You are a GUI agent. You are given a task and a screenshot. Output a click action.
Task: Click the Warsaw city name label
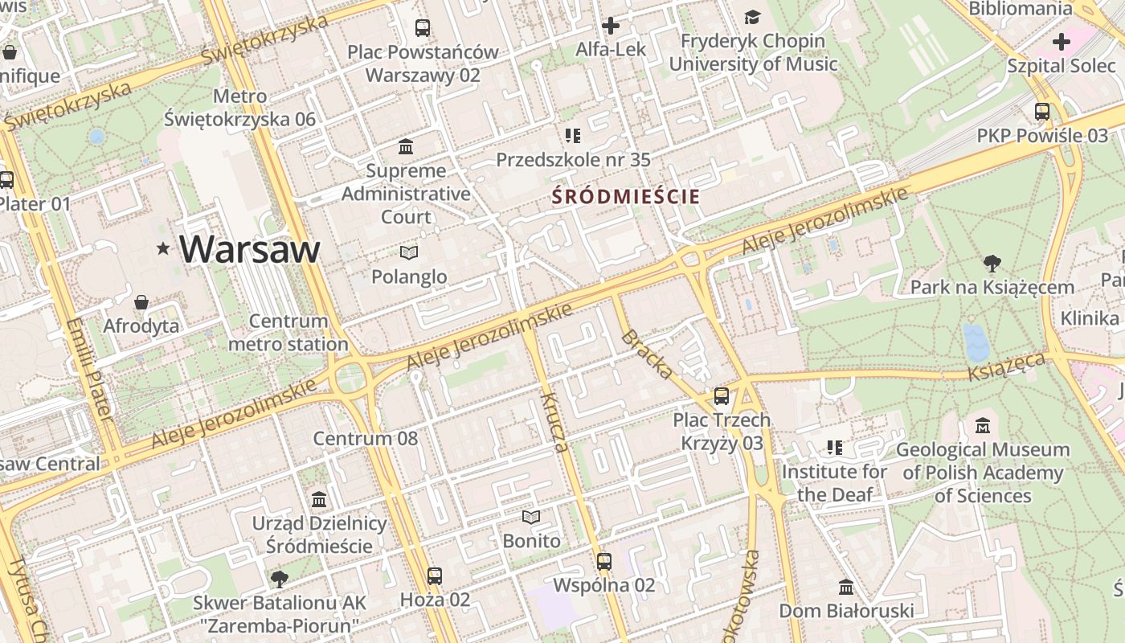249,249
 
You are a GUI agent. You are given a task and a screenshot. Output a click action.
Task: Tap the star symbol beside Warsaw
164,249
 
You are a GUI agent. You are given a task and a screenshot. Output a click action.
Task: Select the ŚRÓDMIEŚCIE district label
626,196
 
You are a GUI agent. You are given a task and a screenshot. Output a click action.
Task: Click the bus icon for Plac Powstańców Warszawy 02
423,28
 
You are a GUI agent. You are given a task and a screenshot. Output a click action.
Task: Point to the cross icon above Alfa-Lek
611,26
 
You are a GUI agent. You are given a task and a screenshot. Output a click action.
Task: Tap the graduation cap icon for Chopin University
752,17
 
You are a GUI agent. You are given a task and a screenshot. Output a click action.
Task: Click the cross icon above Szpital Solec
1062,41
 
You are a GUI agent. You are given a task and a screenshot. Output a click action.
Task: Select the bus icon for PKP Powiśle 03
1042,112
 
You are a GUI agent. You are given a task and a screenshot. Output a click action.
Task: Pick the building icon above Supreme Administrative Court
406,147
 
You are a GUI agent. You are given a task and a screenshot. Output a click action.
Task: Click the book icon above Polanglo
409,253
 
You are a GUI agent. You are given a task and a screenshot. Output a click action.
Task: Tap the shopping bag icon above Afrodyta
141,302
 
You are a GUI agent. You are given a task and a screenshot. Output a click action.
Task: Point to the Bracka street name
647,354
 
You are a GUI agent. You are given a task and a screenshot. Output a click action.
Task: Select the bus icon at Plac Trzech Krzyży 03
722,396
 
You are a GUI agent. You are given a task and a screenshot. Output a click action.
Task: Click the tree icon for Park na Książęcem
992,263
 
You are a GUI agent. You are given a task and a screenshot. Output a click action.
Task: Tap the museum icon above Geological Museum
982,426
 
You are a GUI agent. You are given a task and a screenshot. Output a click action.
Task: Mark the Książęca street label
1005,366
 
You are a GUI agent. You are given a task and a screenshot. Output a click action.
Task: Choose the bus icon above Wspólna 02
604,562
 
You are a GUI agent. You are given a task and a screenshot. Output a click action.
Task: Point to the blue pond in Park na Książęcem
976,342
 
